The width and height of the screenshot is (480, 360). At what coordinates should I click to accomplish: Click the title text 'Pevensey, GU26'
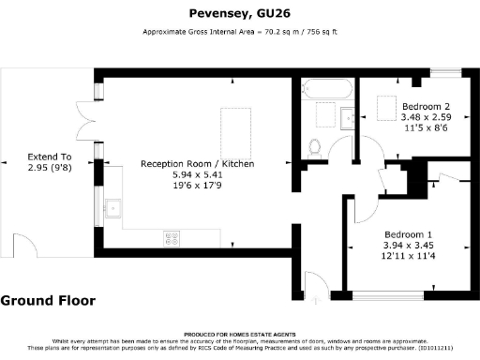[x=239, y=15]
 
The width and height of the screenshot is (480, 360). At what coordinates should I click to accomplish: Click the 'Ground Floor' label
[x=44, y=301]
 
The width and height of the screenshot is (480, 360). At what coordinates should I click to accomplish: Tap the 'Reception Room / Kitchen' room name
[x=197, y=164]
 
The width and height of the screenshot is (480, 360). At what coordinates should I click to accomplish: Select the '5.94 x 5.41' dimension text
[x=197, y=174]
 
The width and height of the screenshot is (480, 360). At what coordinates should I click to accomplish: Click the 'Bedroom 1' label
[x=408, y=233]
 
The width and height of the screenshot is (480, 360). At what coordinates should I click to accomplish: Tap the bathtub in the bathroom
[x=327, y=91]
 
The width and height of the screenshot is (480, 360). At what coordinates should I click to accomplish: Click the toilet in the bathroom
[x=316, y=147]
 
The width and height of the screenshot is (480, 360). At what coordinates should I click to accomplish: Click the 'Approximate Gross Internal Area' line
[x=239, y=32]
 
